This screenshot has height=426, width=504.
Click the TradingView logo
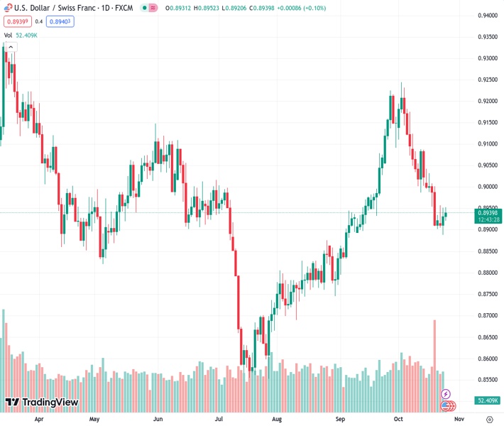(41, 403)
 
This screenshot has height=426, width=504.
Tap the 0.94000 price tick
(486, 15)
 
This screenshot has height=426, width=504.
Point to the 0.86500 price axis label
(486, 337)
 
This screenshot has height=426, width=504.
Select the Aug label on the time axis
(277, 420)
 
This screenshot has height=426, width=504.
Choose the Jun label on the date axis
(158, 420)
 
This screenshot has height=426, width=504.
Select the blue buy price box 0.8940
(60, 21)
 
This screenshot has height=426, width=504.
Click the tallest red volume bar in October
(434, 359)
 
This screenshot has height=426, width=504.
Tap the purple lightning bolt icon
(446, 393)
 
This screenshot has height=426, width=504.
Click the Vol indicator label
(8, 35)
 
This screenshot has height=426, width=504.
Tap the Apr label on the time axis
(39, 420)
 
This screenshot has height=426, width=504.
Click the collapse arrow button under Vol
(11, 48)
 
